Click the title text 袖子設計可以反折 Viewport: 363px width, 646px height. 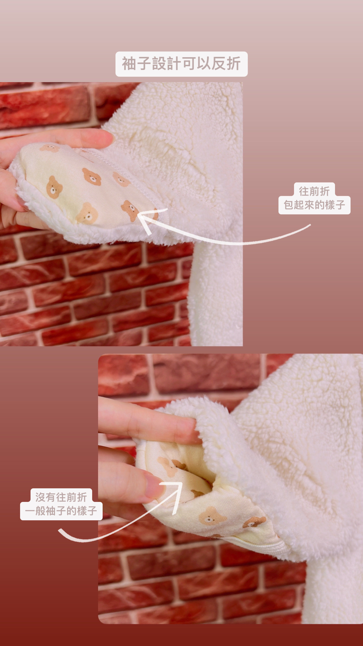(x=181, y=63)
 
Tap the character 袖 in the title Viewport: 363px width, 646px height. (x=129, y=63)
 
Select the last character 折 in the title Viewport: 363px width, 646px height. (x=233, y=63)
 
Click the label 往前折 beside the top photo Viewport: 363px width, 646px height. (x=314, y=191)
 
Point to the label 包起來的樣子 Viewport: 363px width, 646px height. (x=314, y=205)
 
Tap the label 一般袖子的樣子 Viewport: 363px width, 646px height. (x=61, y=511)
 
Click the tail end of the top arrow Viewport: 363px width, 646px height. (x=310, y=225)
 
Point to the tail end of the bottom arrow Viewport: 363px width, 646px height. (x=59, y=530)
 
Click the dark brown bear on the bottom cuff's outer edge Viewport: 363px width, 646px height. (x=254, y=522)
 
